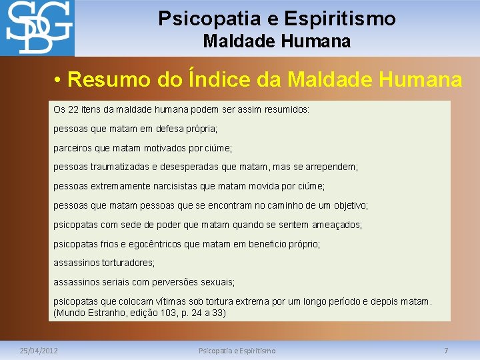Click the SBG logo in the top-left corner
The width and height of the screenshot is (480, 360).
click(x=37, y=28)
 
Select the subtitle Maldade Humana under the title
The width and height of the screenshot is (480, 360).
click(x=277, y=41)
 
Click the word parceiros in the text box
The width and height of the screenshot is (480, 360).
click(x=73, y=147)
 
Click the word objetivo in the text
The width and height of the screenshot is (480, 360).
click(x=349, y=205)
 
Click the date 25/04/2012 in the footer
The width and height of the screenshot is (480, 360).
click(x=39, y=350)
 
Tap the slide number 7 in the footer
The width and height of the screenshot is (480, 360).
click(x=446, y=350)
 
